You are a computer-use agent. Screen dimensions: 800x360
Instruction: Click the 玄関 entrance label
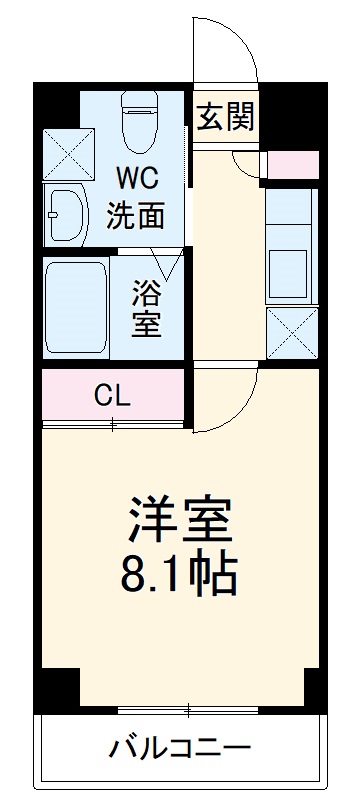coord(224,117)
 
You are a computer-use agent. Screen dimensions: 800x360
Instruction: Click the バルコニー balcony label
coord(180,749)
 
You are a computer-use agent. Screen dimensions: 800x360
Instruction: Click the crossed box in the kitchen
coord(292,332)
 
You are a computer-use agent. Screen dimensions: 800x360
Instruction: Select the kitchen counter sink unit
coord(292,250)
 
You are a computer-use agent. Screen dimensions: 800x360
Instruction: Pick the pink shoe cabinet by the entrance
coord(292,164)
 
